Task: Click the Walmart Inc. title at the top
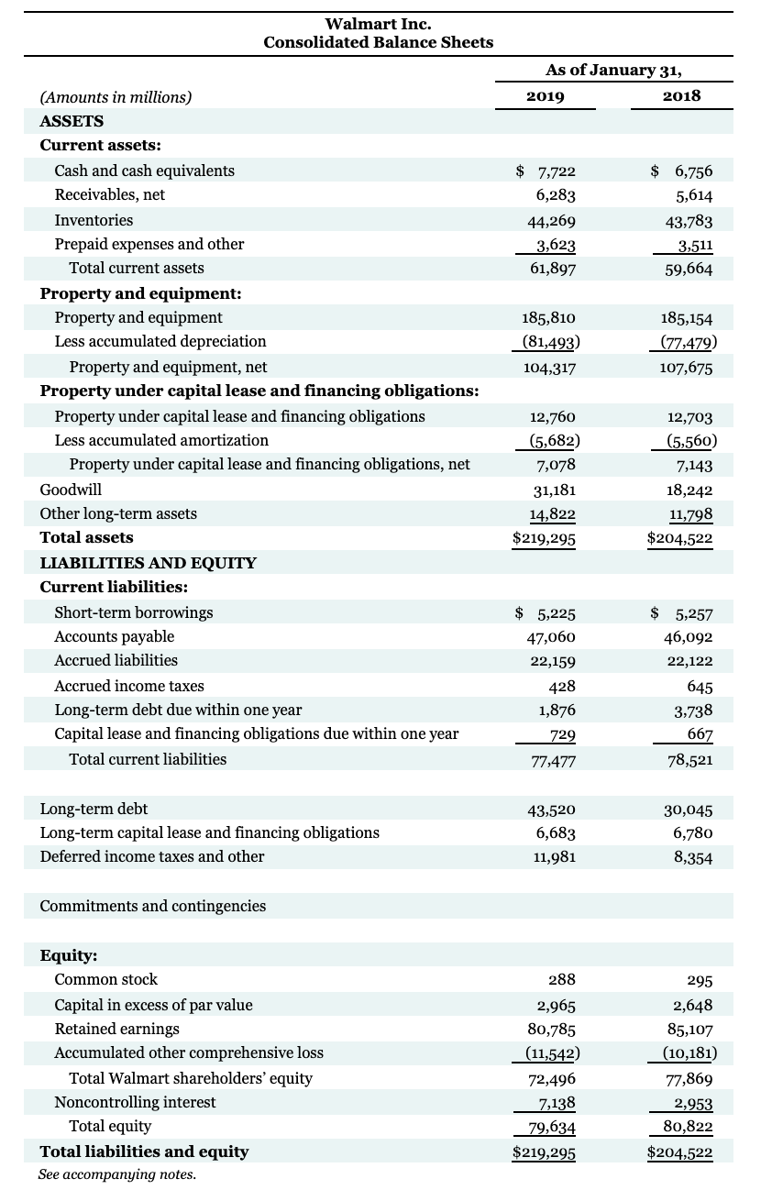[378, 24]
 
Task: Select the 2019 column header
[546, 96]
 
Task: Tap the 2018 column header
[681, 96]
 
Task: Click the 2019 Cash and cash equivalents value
[546, 171]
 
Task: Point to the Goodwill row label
[71, 490]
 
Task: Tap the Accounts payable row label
[114, 636]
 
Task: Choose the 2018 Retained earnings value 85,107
[687, 1030]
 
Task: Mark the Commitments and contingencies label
[152, 906]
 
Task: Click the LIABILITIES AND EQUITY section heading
[148, 563]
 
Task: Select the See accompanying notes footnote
[116, 1174]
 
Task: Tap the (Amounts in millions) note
[116, 97]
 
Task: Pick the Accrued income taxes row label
[129, 686]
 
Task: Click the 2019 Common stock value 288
[561, 980]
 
